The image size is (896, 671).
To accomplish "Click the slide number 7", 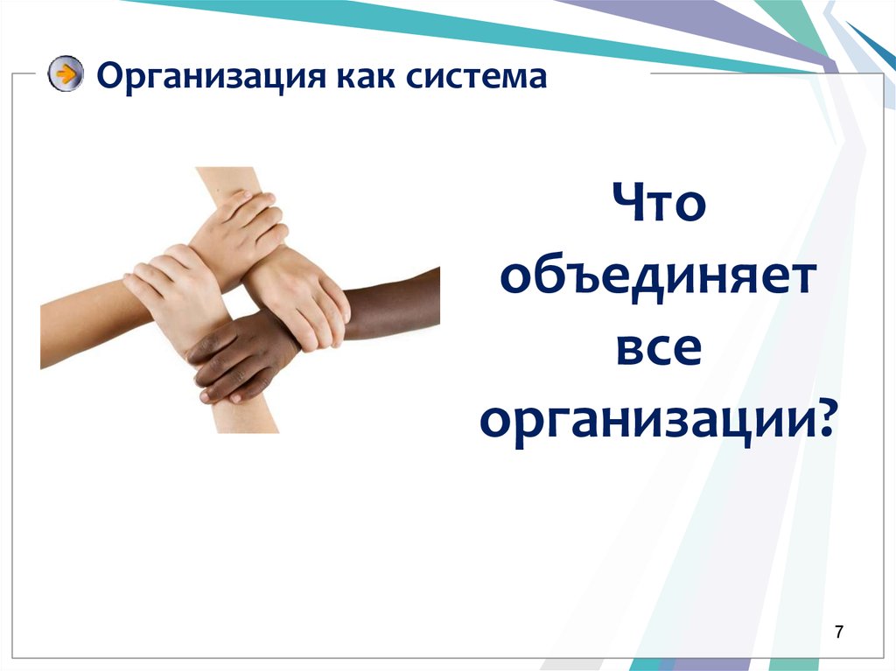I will coord(840,632).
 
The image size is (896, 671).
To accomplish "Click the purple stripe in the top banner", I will coord(700,26).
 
